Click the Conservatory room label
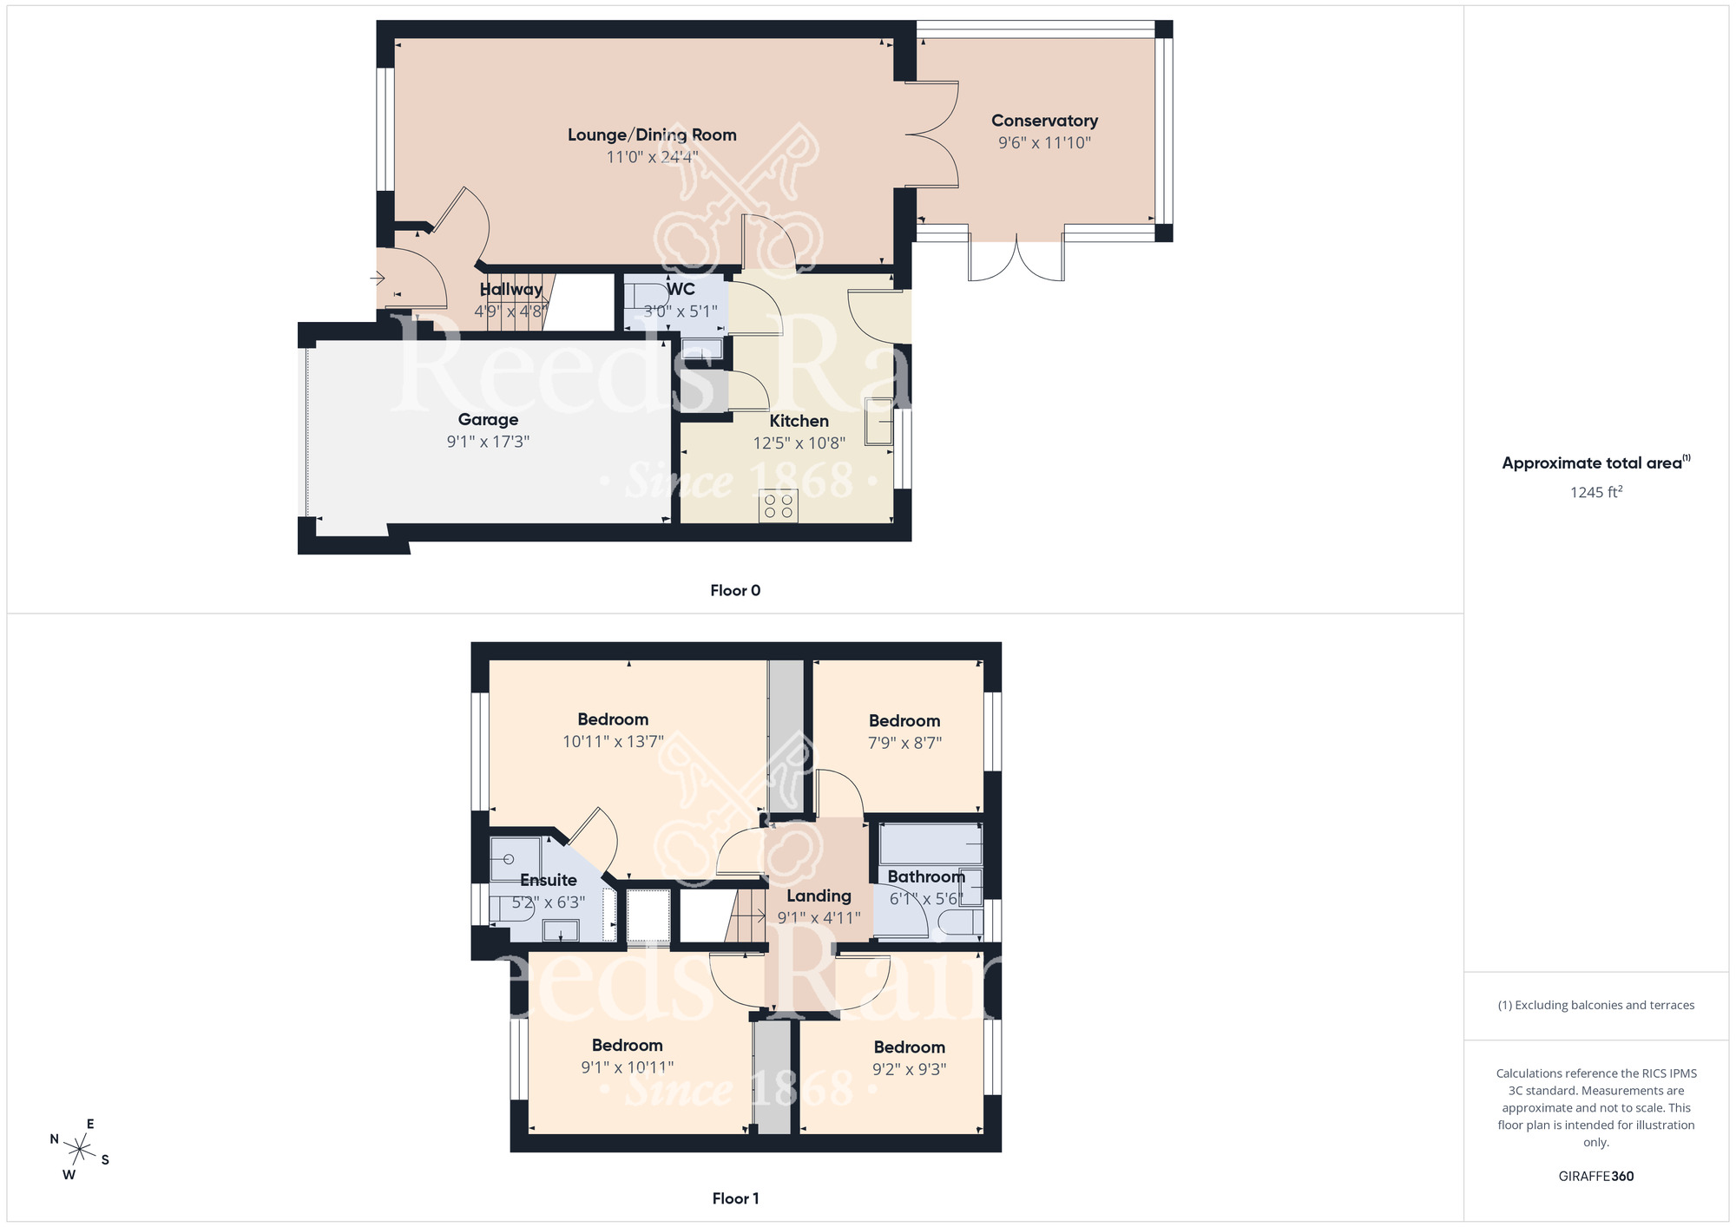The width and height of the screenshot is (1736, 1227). coord(1044,121)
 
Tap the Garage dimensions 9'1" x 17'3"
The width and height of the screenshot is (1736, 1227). coord(488,442)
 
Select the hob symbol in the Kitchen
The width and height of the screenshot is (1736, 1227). coord(778,506)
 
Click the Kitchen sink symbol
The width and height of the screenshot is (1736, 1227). coord(878,421)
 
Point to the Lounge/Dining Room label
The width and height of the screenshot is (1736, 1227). coord(652,135)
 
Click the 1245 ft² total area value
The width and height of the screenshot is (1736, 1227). coord(1595,492)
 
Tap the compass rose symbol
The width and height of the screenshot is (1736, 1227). coord(80,1151)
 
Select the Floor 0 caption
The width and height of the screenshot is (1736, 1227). coord(735,590)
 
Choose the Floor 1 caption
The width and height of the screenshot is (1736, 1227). coord(735,1198)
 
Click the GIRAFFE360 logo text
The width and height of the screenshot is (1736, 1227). coord(1595,1177)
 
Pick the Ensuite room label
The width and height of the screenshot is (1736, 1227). coord(549,880)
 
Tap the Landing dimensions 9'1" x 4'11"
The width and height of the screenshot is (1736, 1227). coord(819,918)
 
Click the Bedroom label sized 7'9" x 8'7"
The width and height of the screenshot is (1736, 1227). coord(904,720)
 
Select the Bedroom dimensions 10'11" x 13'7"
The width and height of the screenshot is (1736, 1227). coord(613,742)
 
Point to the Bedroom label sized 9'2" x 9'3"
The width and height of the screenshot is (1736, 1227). coord(909,1047)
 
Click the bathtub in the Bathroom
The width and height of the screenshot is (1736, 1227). coord(930,844)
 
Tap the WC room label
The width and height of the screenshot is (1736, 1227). coord(681,289)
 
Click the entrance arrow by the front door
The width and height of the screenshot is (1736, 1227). coord(378,279)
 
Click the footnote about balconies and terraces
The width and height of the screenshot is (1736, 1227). coord(1595,1006)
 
